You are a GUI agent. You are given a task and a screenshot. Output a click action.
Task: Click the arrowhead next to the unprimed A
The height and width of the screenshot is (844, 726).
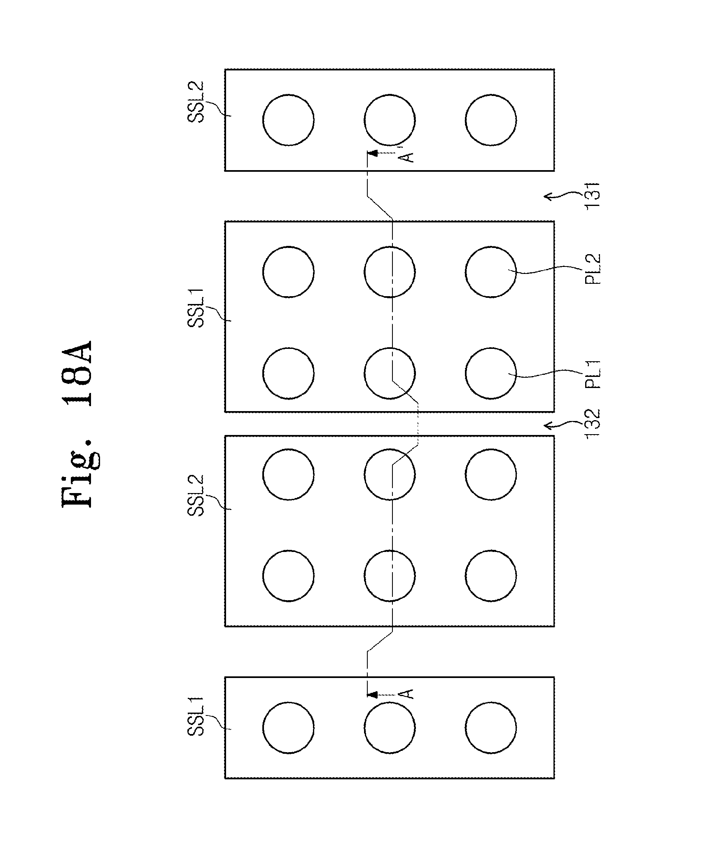point(372,695)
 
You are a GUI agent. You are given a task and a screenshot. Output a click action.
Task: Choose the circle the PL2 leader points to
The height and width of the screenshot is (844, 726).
point(490,272)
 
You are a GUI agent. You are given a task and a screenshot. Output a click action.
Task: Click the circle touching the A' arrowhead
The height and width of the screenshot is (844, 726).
point(390,120)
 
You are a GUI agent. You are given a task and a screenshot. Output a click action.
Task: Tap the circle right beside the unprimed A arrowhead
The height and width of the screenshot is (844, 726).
point(390,728)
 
